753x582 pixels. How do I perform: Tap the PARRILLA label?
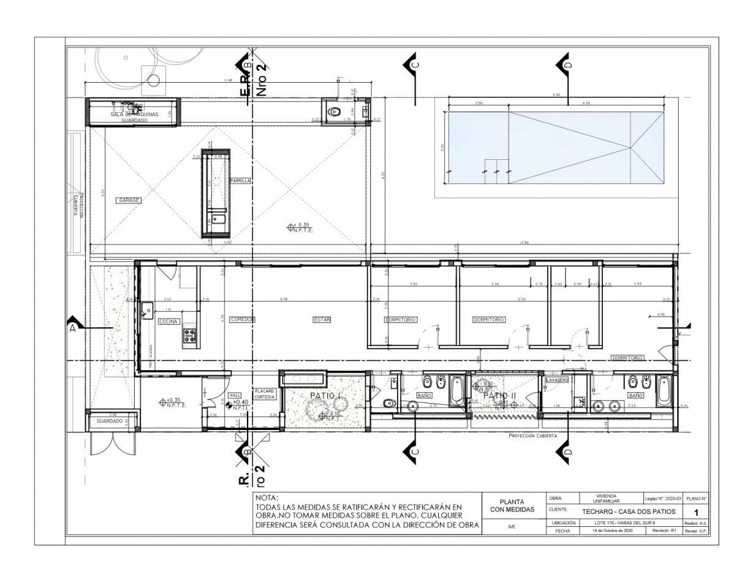point(240,181)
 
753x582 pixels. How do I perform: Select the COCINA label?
point(168,322)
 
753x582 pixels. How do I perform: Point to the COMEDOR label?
point(242,320)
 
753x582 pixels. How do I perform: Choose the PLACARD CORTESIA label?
point(265,394)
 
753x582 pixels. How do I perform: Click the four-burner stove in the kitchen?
point(190,335)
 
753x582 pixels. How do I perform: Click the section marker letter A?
point(72,328)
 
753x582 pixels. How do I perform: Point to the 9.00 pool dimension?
point(556,95)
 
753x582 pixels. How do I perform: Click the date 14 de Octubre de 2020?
point(613,531)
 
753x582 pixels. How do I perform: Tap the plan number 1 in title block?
point(695,512)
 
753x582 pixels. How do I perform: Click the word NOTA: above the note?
point(267,497)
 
